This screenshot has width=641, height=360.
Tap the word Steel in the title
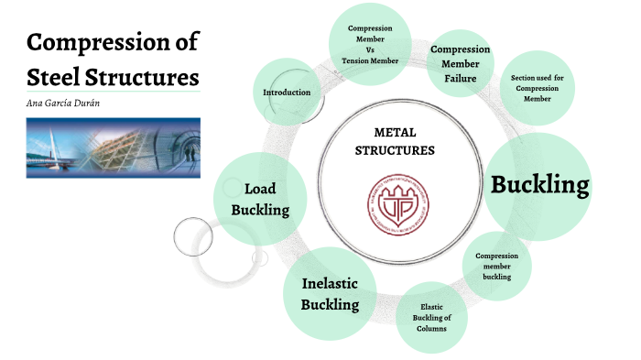(56, 72)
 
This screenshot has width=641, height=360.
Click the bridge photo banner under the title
(113, 146)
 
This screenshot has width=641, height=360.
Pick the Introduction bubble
(287, 93)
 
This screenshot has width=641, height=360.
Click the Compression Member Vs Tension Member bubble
(370, 44)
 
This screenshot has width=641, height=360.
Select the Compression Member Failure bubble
(460, 63)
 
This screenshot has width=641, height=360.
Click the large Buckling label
(539, 184)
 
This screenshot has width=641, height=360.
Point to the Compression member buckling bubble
(497, 266)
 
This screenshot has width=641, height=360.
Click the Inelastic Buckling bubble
(330, 293)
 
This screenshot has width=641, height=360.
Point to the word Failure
(460, 79)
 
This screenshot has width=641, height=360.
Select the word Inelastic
(330, 283)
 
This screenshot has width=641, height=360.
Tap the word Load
(260, 189)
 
